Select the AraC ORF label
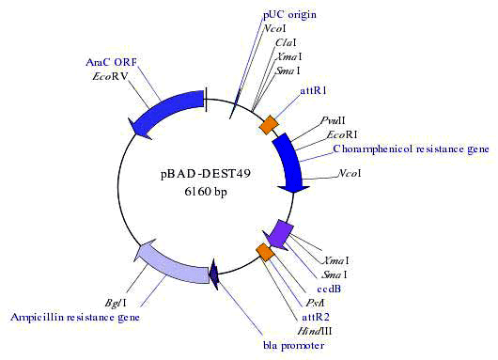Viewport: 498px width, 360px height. pyautogui.click(x=112, y=62)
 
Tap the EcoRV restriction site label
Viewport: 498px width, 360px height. pyautogui.click(x=111, y=78)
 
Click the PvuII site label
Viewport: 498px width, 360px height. pyautogui.click(x=335, y=121)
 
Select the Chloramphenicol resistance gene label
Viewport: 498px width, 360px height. pyautogui.click(x=412, y=149)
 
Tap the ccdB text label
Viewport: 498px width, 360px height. pyautogui.click(x=330, y=289)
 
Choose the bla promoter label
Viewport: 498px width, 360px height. pyautogui.click(x=293, y=346)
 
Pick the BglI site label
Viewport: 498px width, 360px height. pyautogui.click(x=117, y=303)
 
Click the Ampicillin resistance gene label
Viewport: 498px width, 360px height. pyautogui.click(x=75, y=318)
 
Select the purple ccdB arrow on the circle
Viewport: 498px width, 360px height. pyautogui.click(x=280, y=231)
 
